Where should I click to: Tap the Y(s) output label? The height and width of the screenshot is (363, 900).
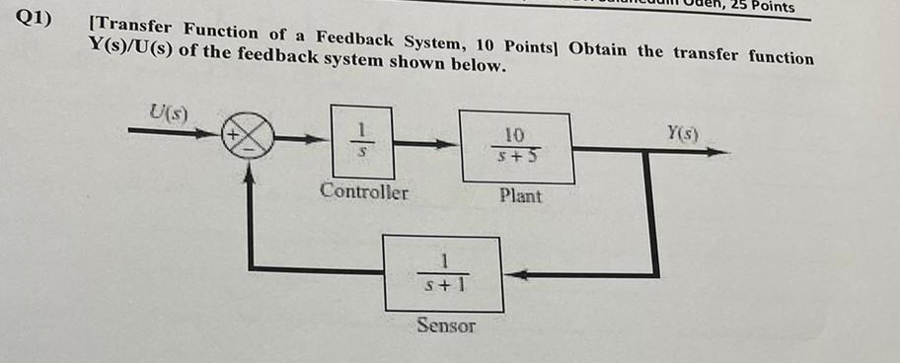coord(681,131)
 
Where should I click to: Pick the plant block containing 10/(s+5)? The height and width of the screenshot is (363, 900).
coord(516,147)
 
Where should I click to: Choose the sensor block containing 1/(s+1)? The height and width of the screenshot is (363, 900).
coord(442,273)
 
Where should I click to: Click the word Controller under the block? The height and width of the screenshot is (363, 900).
coord(363,191)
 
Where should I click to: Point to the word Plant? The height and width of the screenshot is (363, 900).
coord(520,195)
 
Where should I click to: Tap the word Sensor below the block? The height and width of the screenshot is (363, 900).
coord(445,325)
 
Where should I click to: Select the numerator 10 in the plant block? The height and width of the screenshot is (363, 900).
coord(515,134)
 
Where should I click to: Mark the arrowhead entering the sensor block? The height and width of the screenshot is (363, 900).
coord(513,274)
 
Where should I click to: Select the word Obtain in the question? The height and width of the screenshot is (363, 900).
coord(600,49)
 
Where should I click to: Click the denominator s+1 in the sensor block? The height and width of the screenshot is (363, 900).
coord(443,287)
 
